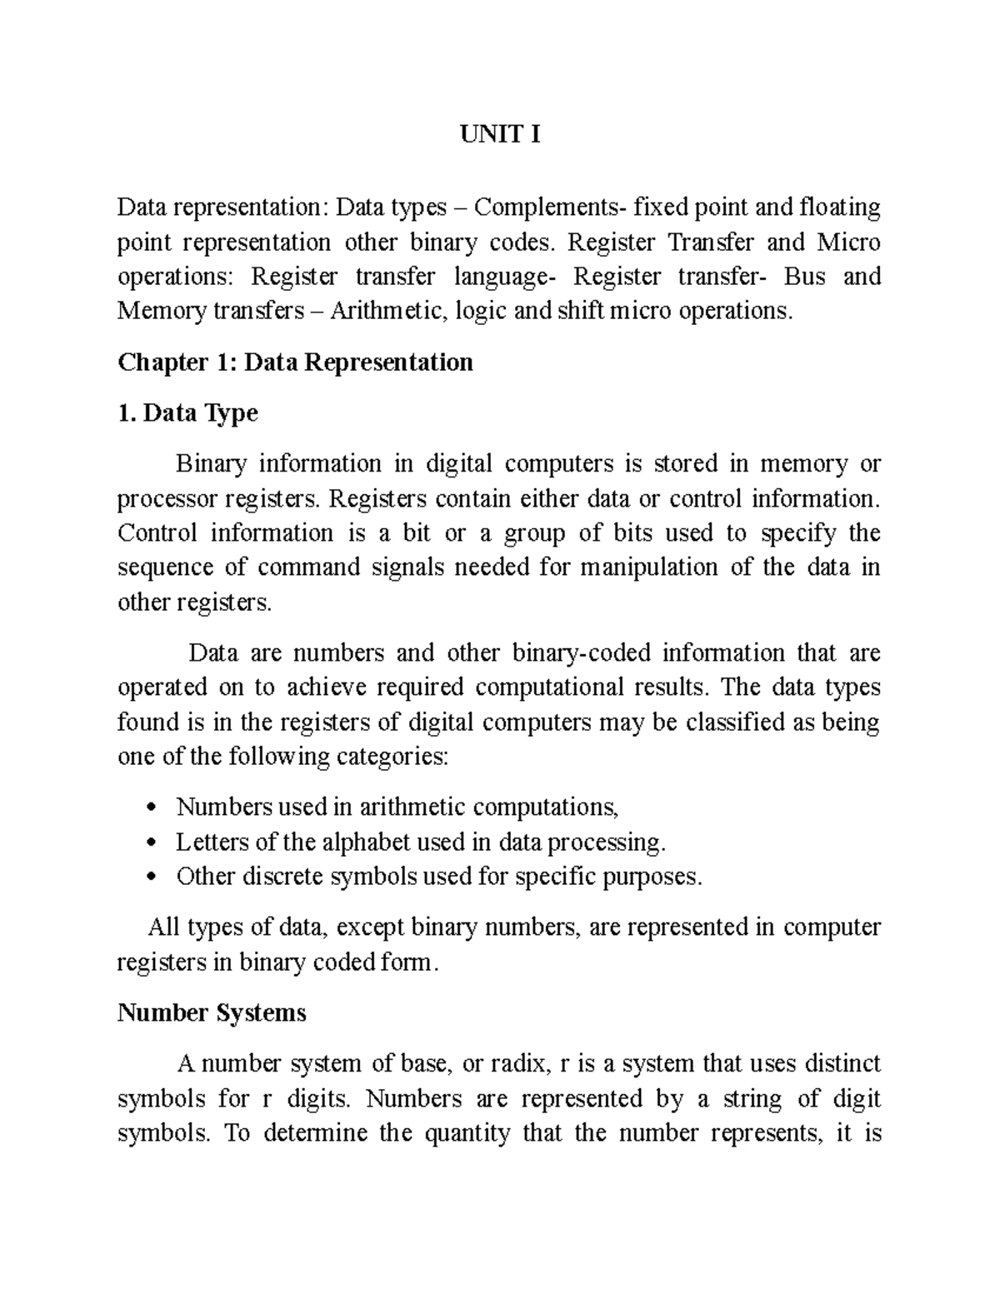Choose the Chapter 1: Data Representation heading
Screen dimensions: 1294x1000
(x=295, y=362)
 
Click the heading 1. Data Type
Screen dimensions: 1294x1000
(x=187, y=413)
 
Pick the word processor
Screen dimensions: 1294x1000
(x=167, y=500)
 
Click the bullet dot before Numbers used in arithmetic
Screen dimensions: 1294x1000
(x=151, y=807)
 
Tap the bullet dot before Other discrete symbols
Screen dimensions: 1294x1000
(x=151, y=877)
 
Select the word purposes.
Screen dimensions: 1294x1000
(x=654, y=878)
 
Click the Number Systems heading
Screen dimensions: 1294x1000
(x=212, y=1013)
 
